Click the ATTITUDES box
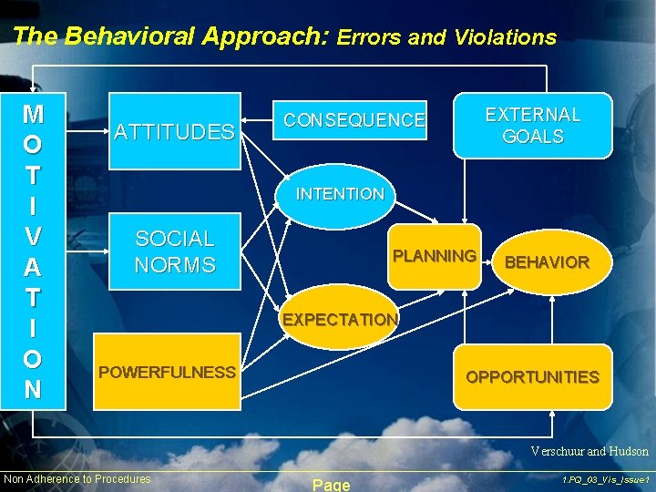coord(174,131)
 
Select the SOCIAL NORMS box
coord(174,251)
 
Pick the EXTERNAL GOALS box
coord(532,126)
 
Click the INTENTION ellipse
coord(339,193)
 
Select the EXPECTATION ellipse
coord(339,320)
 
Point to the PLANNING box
coord(434,256)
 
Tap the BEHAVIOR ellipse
coord(547,262)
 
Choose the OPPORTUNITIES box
coord(532,376)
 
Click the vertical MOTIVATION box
coord(33,251)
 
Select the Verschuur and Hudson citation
coord(590,451)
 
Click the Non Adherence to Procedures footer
coord(77,479)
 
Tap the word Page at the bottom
coord(331,485)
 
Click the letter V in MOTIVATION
coord(33,236)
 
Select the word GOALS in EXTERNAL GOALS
coord(532,137)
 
